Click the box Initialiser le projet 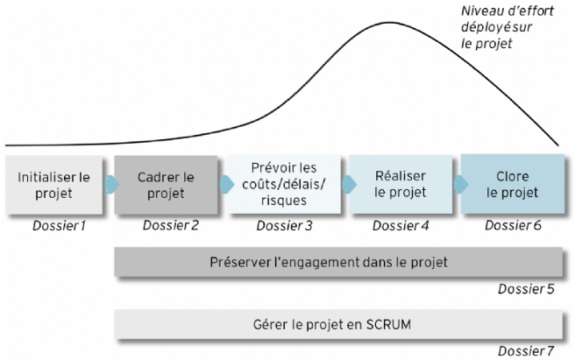[54, 185]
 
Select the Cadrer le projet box [166, 185]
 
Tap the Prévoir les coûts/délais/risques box [284, 184]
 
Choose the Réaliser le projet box [401, 184]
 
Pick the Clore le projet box [513, 184]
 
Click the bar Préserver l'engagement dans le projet [338, 262]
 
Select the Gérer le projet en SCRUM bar [338, 324]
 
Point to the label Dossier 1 [59, 226]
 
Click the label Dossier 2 [171, 225]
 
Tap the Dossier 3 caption [285, 226]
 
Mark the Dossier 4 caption [401, 226]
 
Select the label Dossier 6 [513, 225]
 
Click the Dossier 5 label [526, 289]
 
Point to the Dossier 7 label [526, 351]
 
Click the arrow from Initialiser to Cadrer [112, 184]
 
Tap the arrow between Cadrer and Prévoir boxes [227, 184]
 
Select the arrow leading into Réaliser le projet [349, 184]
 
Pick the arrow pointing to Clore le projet [461, 184]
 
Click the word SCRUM [388, 324]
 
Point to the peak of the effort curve [388, 23]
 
